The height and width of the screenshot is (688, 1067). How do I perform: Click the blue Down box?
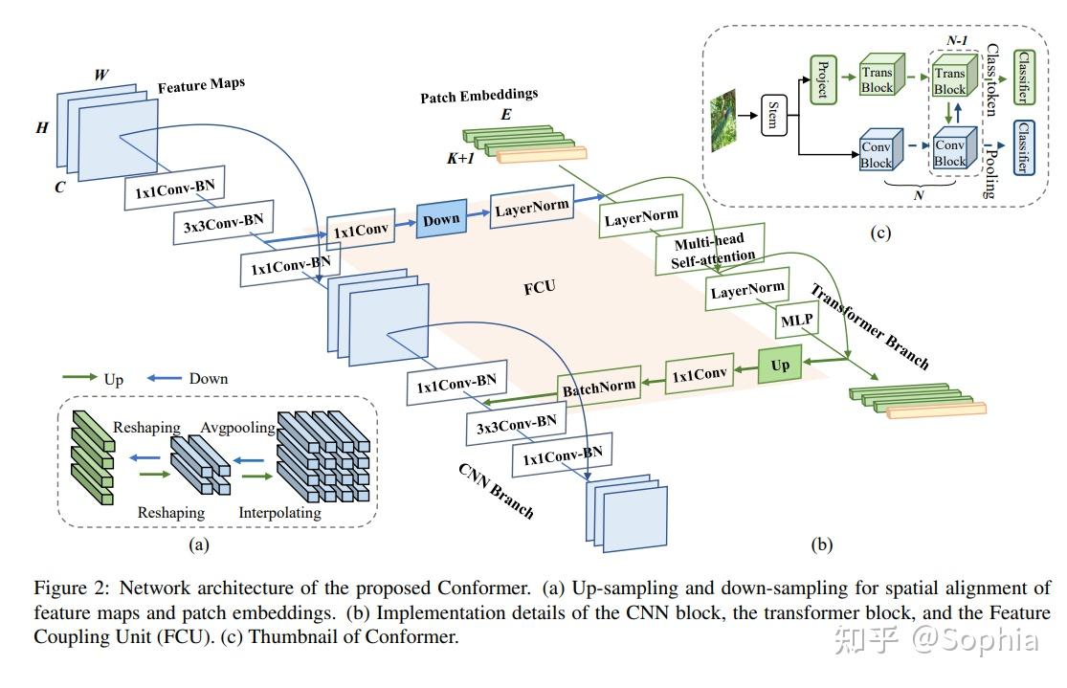(440, 218)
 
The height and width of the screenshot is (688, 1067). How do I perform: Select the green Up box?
(780, 365)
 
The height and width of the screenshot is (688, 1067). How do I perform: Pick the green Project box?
(821, 78)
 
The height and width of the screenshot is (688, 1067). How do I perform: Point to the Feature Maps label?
(201, 85)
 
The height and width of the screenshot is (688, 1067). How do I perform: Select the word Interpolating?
(279, 513)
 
